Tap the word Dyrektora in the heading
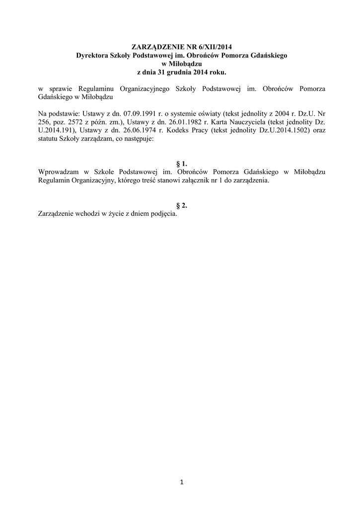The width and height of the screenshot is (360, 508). [x=92, y=56]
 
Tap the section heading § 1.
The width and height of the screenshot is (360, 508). [x=182, y=164]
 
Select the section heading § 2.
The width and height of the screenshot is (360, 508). [x=182, y=206]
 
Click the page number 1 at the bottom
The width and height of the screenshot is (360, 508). [x=182, y=481]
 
